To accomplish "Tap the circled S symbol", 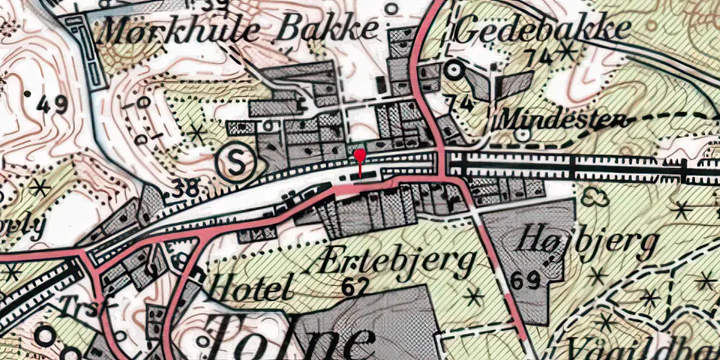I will pos(237,164).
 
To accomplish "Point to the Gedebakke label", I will pos(543,29).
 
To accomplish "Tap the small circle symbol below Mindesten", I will pos(523,133).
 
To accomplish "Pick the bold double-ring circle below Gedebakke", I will pos(454,70).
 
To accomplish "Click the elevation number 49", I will pos(51,105).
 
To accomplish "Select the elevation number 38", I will pos(186,191).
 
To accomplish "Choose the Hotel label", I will pos(249,288).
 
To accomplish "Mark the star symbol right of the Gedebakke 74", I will pos(568,51).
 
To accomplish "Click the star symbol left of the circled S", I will pos(197,132).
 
